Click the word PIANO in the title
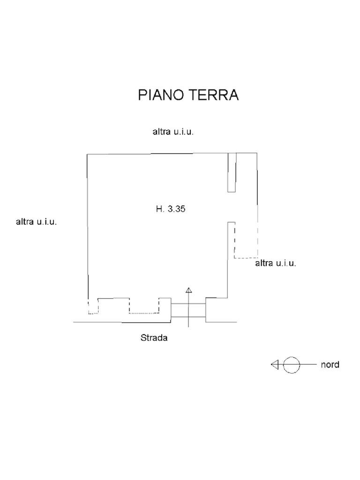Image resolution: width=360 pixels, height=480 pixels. [x=161, y=95]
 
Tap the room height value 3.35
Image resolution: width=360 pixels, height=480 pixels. [x=177, y=209]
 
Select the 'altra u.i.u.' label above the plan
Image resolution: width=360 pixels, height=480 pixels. [x=173, y=132]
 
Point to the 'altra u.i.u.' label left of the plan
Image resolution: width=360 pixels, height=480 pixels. [x=37, y=222]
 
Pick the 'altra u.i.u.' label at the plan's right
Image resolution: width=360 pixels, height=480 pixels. [x=276, y=263]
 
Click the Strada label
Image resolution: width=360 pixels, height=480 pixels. [x=154, y=337]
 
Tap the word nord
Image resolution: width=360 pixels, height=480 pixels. [x=330, y=364]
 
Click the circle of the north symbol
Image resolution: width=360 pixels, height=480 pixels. [x=292, y=365]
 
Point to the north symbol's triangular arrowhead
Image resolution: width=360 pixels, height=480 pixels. [x=275, y=365]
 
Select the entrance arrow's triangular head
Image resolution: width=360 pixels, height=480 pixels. [x=188, y=290]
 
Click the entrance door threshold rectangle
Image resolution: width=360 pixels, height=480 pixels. [x=188, y=310]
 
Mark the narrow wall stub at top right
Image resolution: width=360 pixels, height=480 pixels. [x=232, y=172]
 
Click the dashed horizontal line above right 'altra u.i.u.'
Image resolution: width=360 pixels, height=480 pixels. [x=246, y=258]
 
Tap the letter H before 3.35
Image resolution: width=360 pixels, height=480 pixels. [x=159, y=209]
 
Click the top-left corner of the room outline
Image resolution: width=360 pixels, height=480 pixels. [x=87, y=154]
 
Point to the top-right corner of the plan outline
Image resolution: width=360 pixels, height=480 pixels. [x=257, y=153]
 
